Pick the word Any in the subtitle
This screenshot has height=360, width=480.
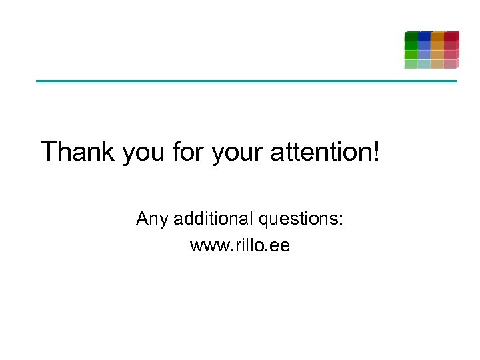[x=152, y=219]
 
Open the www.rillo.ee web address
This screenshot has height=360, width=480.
[x=240, y=245]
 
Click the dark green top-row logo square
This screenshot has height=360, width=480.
[x=411, y=36]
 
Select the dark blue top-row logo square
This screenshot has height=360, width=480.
[x=424, y=36]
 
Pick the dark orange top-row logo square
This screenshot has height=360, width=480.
[x=437, y=36]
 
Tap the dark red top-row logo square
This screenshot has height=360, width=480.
[x=451, y=36]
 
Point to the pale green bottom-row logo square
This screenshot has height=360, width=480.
[x=411, y=64]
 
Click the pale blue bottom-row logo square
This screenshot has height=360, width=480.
[x=424, y=64]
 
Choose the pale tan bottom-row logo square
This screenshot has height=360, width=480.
[x=437, y=64]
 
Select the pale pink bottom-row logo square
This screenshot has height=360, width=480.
[x=451, y=64]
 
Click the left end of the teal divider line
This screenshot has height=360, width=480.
[x=38, y=82]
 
